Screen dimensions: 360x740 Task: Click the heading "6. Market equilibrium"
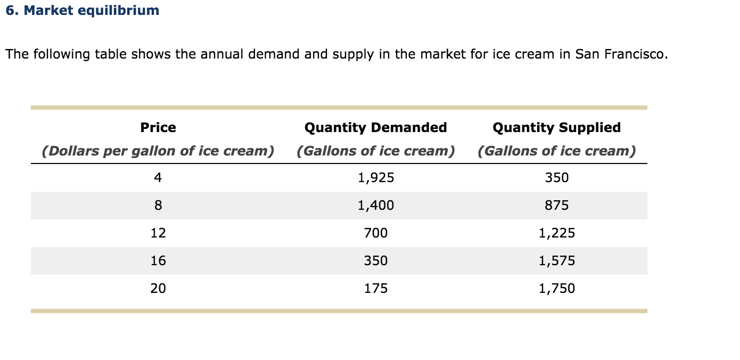pos(83,11)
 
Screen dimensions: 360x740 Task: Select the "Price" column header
pos(158,127)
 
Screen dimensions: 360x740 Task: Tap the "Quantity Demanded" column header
pos(375,127)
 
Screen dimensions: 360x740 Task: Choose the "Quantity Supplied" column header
pos(556,127)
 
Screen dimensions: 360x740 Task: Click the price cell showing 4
pos(158,178)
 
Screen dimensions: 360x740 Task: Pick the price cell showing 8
pos(158,206)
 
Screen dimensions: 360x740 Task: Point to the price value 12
pos(158,233)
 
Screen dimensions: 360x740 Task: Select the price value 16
pos(158,261)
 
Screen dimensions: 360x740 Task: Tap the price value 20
pos(158,289)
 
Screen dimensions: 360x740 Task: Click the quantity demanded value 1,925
pos(376,178)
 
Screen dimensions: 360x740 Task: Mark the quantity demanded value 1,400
pos(376,206)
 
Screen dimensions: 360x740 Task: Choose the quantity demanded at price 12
pos(376,233)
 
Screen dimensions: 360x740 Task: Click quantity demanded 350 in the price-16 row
pos(376,261)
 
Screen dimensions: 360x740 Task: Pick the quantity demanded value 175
pos(376,289)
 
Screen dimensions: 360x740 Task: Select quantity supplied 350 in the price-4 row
pos(557,178)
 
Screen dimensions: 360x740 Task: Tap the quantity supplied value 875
pos(557,206)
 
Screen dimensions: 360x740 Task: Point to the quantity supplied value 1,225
pos(557,233)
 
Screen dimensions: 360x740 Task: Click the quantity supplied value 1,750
pos(557,289)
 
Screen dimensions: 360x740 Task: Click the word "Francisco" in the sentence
pos(636,54)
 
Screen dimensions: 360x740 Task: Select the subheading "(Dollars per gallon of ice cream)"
pos(158,151)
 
